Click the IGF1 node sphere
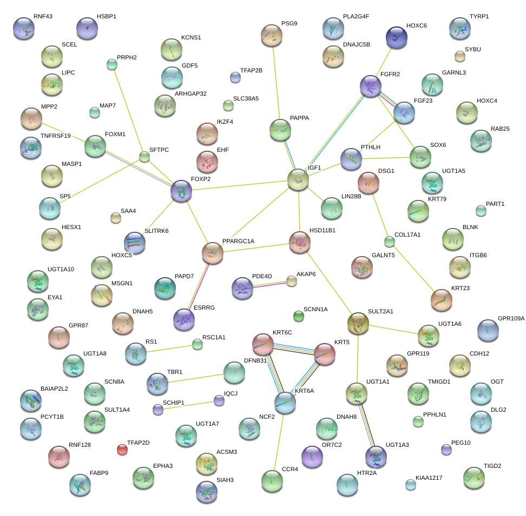[298, 179]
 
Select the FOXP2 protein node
[181, 191]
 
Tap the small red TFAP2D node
[122, 449]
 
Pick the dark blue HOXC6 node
[396, 37]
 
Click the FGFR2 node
[371, 86]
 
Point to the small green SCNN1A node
[298, 316]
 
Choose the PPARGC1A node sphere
[213, 252]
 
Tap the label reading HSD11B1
[323, 230]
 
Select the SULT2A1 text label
[380, 312]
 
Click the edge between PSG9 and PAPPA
[276, 81]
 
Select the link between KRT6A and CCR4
[279, 440]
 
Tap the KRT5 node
[325, 354]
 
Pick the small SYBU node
[459, 56]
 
